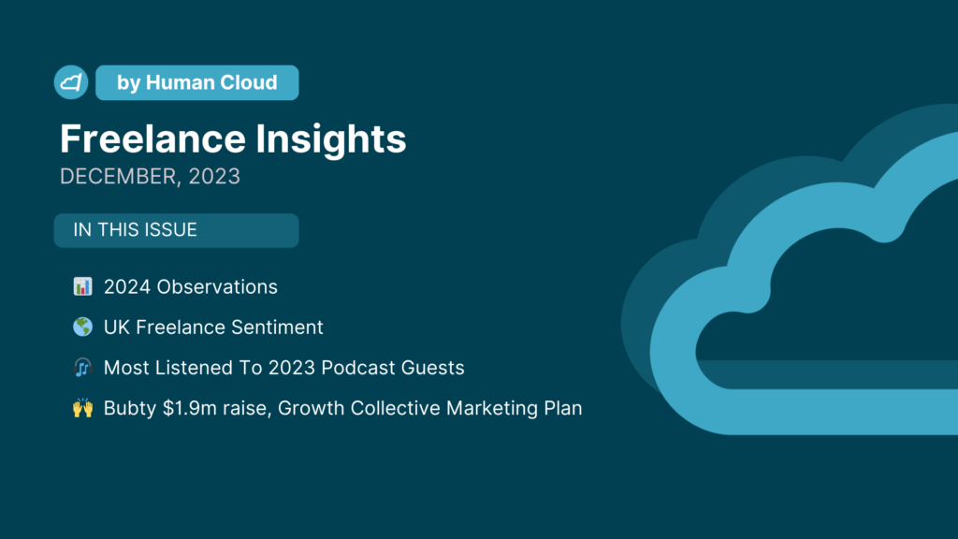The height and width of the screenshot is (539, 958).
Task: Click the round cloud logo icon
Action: click(71, 82)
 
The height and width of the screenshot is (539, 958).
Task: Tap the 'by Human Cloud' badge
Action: click(197, 82)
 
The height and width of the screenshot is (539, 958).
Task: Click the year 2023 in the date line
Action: click(214, 176)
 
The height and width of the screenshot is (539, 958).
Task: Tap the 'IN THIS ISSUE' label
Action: click(135, 230)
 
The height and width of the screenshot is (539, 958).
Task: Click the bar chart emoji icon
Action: click(82, 286)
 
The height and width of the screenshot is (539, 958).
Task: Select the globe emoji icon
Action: click(82, 327)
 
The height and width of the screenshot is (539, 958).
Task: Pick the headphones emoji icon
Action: click(82, 367)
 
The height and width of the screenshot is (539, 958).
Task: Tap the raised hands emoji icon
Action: click(82, 408)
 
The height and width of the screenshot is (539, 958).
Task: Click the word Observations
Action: click(217, 286)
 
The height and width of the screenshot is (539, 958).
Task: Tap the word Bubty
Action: click(130, 408)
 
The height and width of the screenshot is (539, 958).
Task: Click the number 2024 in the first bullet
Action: click(127, 286)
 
